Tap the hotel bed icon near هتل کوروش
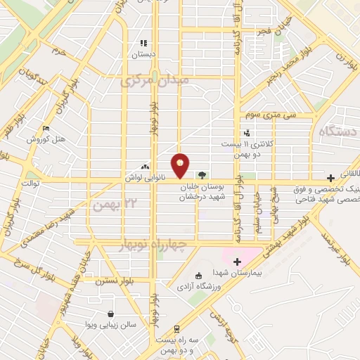click(x=46, y=128)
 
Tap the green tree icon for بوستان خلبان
click(x=202, y=174)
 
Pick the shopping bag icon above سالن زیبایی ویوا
click(x=110, y=314)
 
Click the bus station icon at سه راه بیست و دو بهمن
click(x=176, y=328)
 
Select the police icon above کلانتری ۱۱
click(x=246, y=132)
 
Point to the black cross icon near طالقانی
click(x=330, y=179)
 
